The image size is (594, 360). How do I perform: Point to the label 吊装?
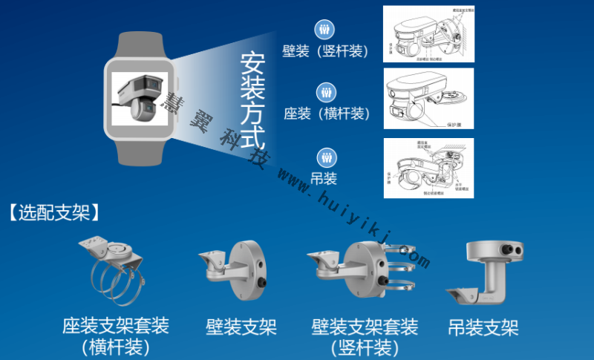[x=324, y=178]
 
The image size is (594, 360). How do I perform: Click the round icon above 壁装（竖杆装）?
[x=324, y=30]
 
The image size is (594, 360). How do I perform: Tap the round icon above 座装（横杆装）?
[x=324, y=93]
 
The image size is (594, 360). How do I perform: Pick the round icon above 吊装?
[x=324, y=157]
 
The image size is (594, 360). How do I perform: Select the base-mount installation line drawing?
[x=428, y=99]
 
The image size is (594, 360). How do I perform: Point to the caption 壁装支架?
[x=241, y=327]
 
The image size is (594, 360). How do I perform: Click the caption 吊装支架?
[x=483, y=327]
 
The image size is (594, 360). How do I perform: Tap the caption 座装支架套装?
[x=116, y=326]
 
